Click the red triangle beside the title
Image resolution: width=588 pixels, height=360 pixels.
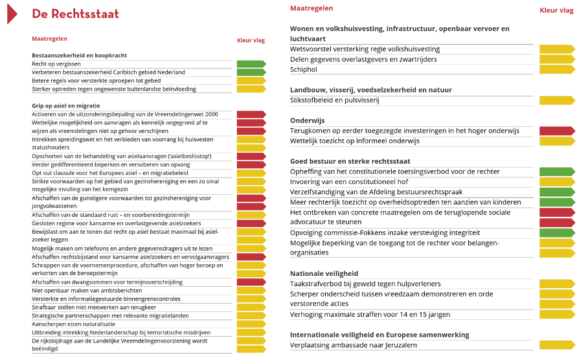pos(12,13)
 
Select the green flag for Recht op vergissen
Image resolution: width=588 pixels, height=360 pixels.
pos(251,63)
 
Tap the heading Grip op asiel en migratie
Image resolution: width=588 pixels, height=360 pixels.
pos(65,106)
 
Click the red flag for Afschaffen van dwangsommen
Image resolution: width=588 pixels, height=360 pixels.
pos(251,282)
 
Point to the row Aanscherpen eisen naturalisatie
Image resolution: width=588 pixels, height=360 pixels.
pos(73,323)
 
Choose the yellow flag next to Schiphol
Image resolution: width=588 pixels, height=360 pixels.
pos(556,69)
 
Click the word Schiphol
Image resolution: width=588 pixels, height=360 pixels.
pos(304,69)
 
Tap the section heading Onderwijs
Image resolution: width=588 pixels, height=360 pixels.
pos(308,120)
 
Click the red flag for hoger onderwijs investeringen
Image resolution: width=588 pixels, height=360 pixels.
pos(556,131)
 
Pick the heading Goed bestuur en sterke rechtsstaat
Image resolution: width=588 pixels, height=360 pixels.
pos(350,161)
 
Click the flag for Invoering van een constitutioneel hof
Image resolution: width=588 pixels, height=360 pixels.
pos(556,182)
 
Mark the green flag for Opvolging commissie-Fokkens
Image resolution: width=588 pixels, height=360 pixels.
pos(556,232)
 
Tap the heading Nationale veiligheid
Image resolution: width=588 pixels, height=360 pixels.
pos(324,273)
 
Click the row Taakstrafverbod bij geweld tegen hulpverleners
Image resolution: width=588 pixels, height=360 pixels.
pos(365,284)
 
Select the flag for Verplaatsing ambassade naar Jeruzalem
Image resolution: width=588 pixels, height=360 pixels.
pos(556,345)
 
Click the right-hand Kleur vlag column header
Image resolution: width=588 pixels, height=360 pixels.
pos(556,10)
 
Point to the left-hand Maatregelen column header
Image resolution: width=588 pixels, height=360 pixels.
pos(49,39)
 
